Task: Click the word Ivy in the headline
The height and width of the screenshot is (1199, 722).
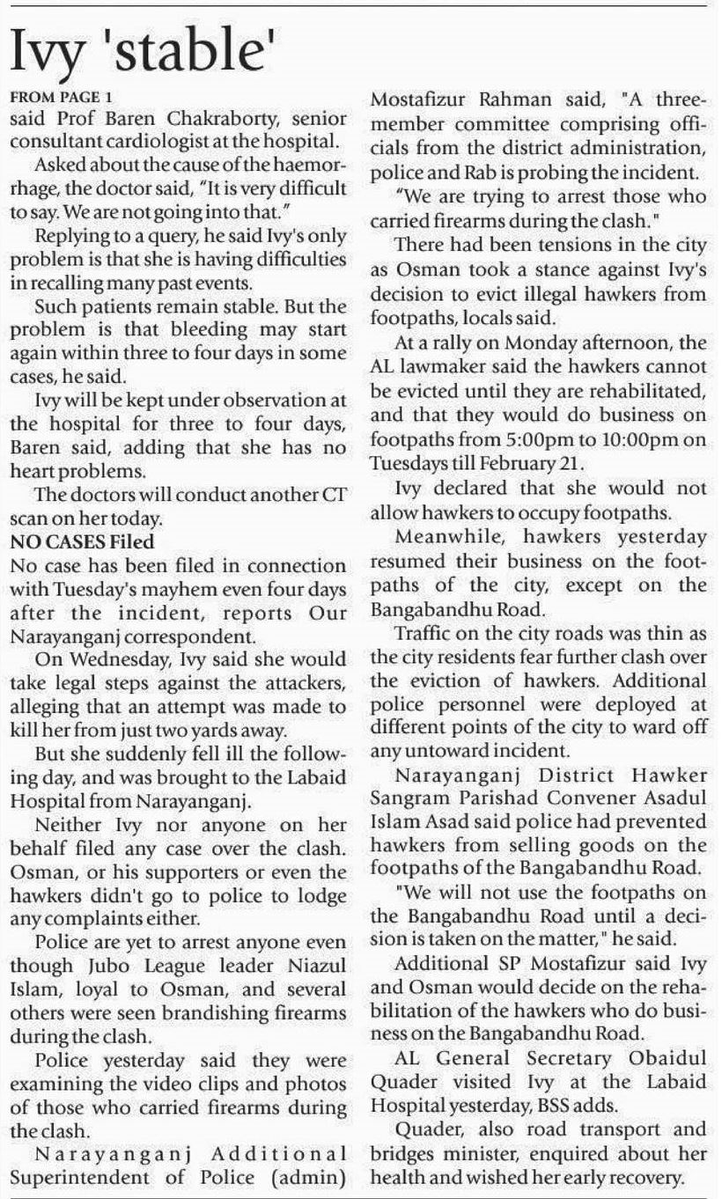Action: point(51,55)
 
